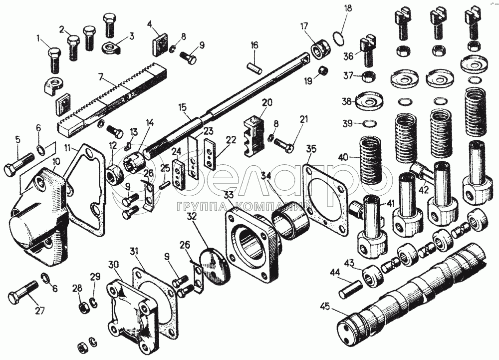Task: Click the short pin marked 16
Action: pyautogui.click(x=254, y=65)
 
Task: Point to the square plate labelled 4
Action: pyautogui.click(x=160, y=45)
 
